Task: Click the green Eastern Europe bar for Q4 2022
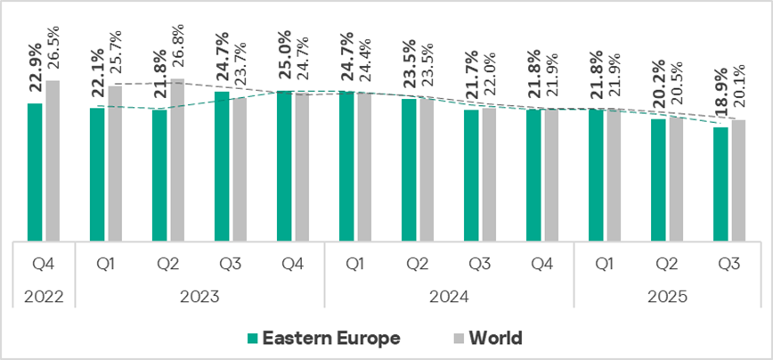pos(35,172)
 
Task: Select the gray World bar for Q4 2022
pos(53,160)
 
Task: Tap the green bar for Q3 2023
pos(222,166)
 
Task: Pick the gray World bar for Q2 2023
pos(177,160)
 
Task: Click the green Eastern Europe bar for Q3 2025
pos(720,184)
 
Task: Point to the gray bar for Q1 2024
pos(364,167)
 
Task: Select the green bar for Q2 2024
pos(409,170)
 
